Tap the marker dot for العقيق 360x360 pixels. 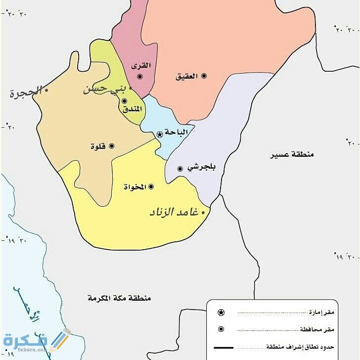204,76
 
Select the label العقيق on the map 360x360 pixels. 186,76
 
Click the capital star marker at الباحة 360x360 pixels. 159,134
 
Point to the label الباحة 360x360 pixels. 176,133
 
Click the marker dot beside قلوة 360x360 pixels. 111,146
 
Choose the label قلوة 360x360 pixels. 98,146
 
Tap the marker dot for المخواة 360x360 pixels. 151,186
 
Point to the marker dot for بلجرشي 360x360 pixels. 180,169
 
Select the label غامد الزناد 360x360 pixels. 174,212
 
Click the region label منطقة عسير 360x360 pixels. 292,154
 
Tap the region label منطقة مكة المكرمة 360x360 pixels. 119,298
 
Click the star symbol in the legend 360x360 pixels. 221,312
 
